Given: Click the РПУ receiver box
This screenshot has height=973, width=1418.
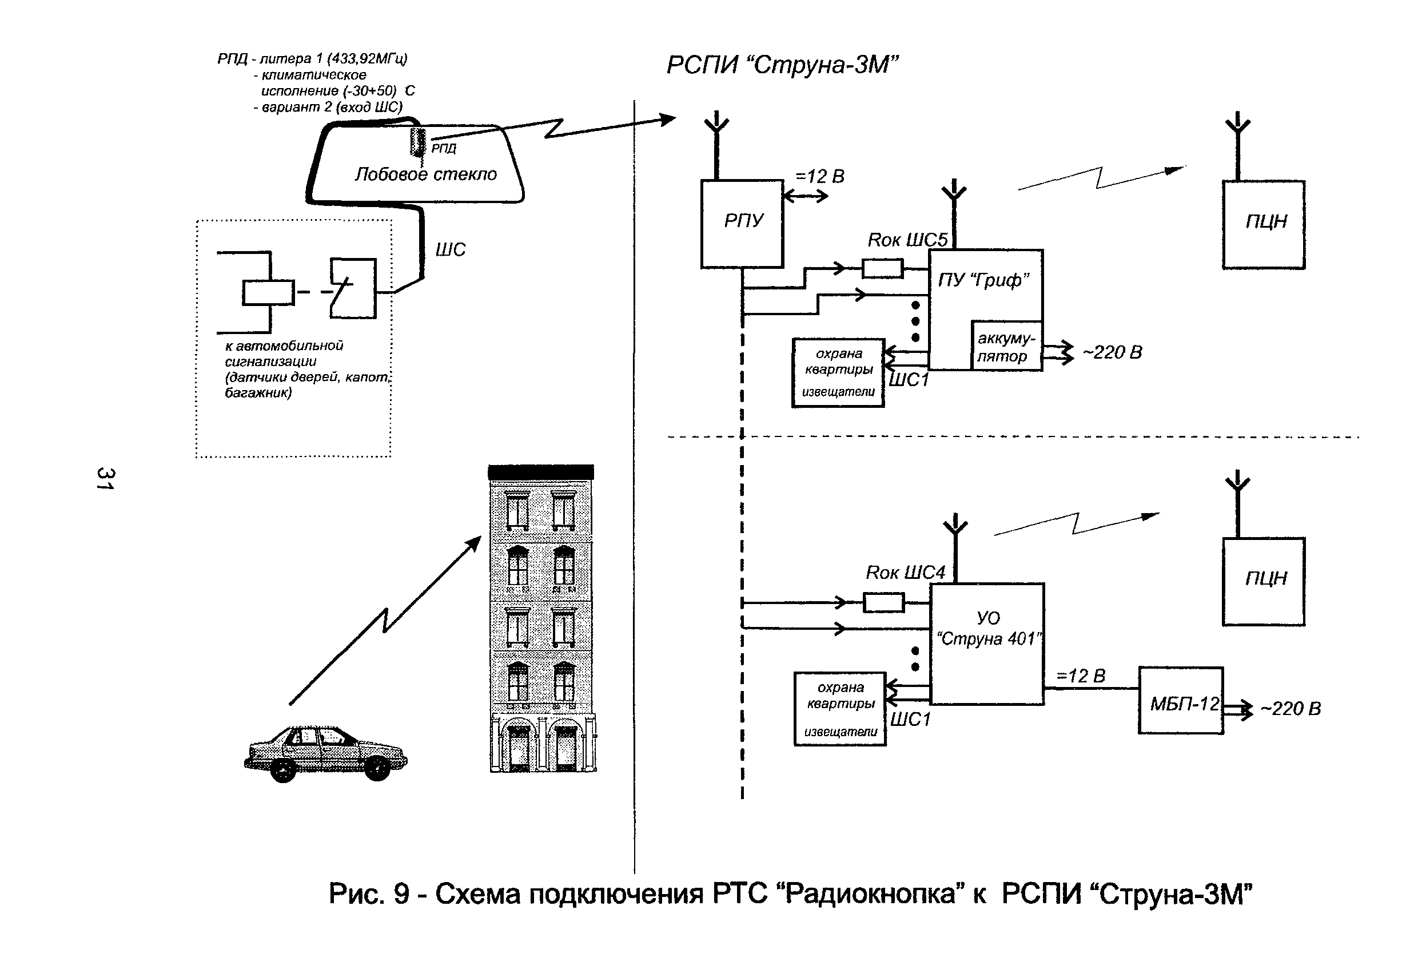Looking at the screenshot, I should point(742,224).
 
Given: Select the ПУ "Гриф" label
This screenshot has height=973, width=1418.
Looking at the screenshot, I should point(983,280).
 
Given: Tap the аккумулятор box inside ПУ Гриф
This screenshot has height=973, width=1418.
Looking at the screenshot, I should point(1006,346).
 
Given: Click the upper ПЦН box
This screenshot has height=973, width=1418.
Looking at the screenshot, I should point(1263,224).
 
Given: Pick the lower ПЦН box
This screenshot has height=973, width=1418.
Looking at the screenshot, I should point(1263,581).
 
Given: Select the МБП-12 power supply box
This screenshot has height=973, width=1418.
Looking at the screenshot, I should point(1181,701).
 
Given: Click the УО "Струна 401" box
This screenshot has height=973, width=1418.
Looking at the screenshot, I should point(987,644).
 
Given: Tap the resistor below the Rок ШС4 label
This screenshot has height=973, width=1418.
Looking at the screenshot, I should point(883,603).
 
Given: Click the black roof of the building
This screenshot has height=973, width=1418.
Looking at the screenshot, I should point(540,472).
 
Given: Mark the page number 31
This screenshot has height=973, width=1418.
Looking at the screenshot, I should point(105,479).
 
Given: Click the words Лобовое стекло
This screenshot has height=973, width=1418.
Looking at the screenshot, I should point(425,174).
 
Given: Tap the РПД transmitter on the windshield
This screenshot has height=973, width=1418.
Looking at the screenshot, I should point(419,142).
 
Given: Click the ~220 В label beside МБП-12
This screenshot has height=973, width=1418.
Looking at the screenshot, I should point(1290,708).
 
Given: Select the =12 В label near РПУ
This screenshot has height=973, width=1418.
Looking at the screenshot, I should point(819,177).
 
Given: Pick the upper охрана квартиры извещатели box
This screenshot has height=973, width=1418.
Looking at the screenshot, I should point(838,372).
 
